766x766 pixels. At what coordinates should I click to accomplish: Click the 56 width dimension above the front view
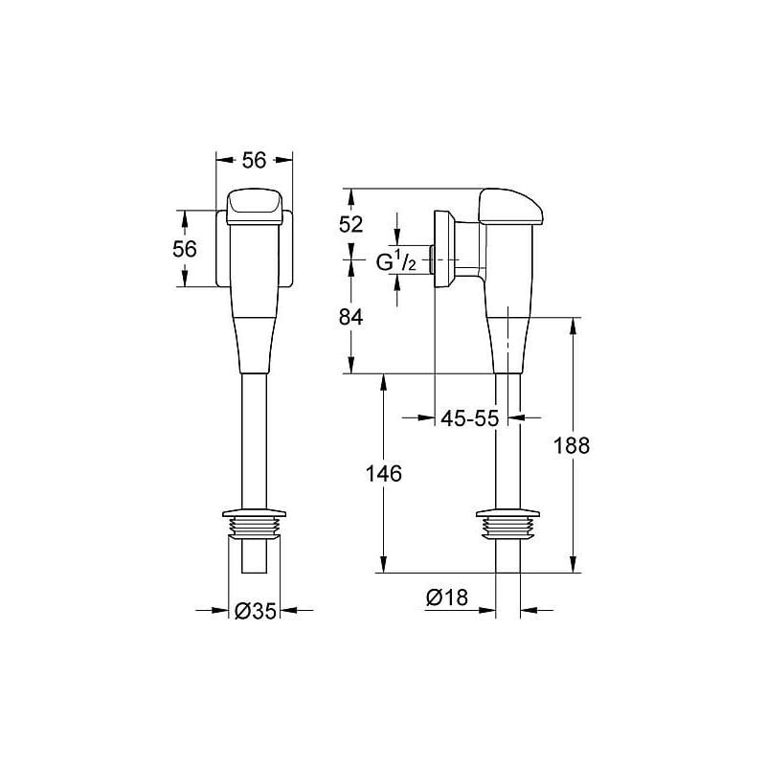[254, 161]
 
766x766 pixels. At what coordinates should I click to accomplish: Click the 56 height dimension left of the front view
[184, 248]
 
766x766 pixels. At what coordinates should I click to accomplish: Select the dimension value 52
[351, 224]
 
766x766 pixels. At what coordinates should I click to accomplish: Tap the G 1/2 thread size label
[394, 260]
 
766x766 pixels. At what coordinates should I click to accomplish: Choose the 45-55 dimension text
[469, 418]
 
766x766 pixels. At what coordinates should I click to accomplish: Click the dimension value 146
[383, 473]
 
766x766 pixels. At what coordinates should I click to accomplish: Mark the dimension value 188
[573, 445]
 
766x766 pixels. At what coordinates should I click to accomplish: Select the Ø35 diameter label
[256, 610]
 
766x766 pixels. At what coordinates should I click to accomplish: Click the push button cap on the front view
[254, 205]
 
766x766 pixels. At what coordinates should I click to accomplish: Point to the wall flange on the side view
[444, 248]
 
